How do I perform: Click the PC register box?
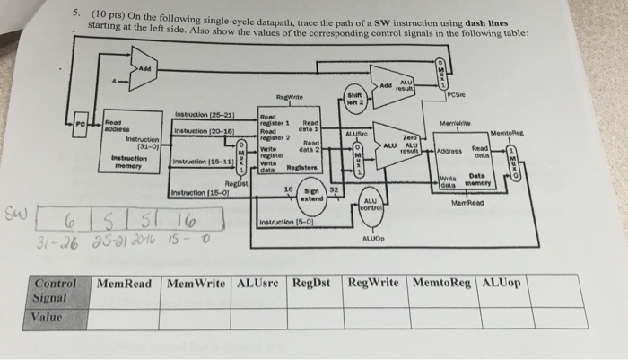click(x=81, y=123)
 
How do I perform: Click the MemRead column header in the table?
click(x=126, y=285)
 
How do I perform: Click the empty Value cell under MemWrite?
click(x=198, y=318)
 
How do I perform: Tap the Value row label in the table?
click(x=46, y=317)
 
